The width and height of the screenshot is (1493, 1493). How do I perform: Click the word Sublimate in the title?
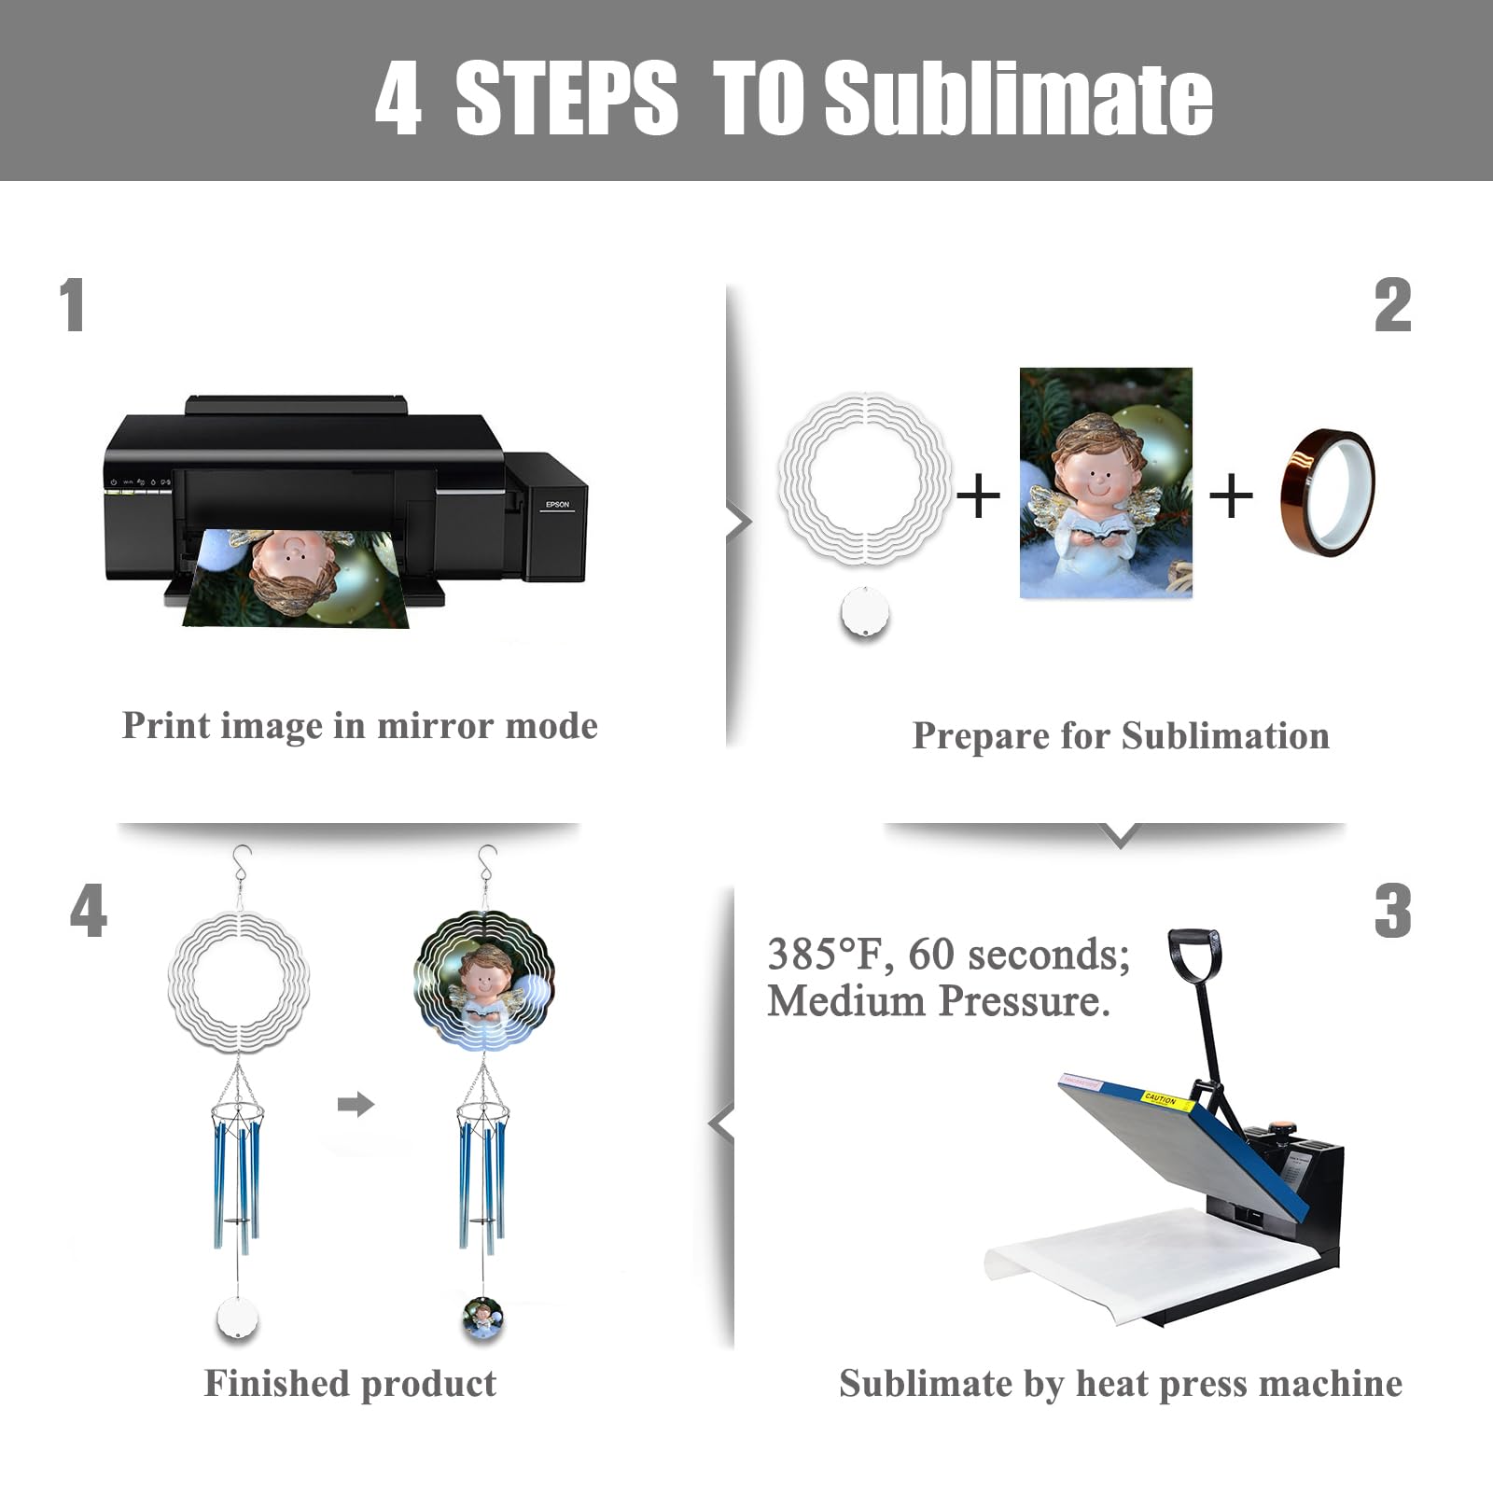(1019, 98)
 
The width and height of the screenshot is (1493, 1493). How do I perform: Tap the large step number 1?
(72, 305)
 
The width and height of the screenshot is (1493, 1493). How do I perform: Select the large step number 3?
(1392, 911)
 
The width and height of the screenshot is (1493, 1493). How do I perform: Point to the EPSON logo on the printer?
(557, 505)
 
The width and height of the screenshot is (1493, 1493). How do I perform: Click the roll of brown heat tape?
(1327, 492)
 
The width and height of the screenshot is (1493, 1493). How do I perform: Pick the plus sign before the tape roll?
(1231, 495)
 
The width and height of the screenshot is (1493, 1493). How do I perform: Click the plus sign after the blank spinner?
(978, 495)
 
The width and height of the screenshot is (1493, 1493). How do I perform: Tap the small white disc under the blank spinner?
(865, 612)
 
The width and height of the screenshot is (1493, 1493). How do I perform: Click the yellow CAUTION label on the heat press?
(1165, 1100)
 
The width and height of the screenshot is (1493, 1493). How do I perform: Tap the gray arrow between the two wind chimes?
(356, 1105)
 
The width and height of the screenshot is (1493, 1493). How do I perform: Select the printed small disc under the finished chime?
(483, 1319)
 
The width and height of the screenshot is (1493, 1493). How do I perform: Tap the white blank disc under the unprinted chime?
(238, 1318)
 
